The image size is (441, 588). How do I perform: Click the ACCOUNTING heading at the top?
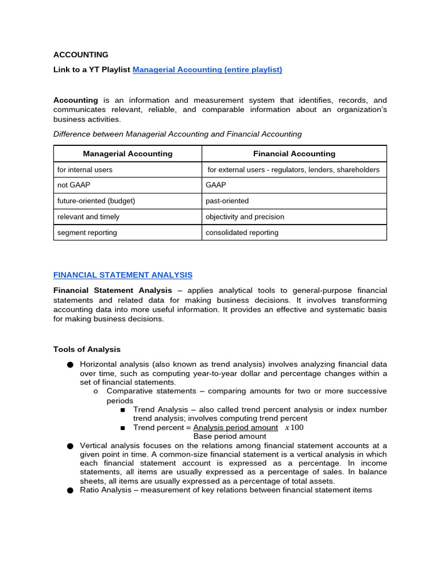[x=80, y=55]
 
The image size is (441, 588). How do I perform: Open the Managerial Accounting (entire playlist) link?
[x=207, y=69]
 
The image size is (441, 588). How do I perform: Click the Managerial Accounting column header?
[x=127, y=154]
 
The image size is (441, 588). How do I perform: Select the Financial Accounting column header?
[x=294, y=154]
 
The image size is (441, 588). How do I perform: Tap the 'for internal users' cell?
[x=85, y=170]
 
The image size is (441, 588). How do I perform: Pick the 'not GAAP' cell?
[x=73, y=185]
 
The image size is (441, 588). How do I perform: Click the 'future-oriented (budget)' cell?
[x=96, y=201]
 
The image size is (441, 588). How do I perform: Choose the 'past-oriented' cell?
[x=227, y=201]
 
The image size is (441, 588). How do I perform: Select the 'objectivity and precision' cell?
[x=245, y=217]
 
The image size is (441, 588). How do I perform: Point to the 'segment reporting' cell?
[x=87, y=233]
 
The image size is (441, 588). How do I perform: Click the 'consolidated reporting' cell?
[x=242, y=233]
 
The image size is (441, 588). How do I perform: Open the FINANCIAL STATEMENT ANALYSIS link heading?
[x=123, y=275]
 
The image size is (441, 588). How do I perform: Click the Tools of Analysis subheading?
[x=87, y=349]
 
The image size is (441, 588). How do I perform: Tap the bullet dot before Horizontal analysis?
[x=70, y=365]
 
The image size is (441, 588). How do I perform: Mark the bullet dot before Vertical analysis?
[x=70, y=446]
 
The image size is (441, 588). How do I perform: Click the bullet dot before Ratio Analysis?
[x=70, y=490]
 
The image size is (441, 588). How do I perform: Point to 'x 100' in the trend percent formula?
[x=294, y=428]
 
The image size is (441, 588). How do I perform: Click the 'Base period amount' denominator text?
[x=230, y=436]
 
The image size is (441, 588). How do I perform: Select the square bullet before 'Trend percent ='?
[x=123, y=428]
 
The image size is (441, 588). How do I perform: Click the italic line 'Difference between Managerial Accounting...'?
[x=177, y=134]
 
